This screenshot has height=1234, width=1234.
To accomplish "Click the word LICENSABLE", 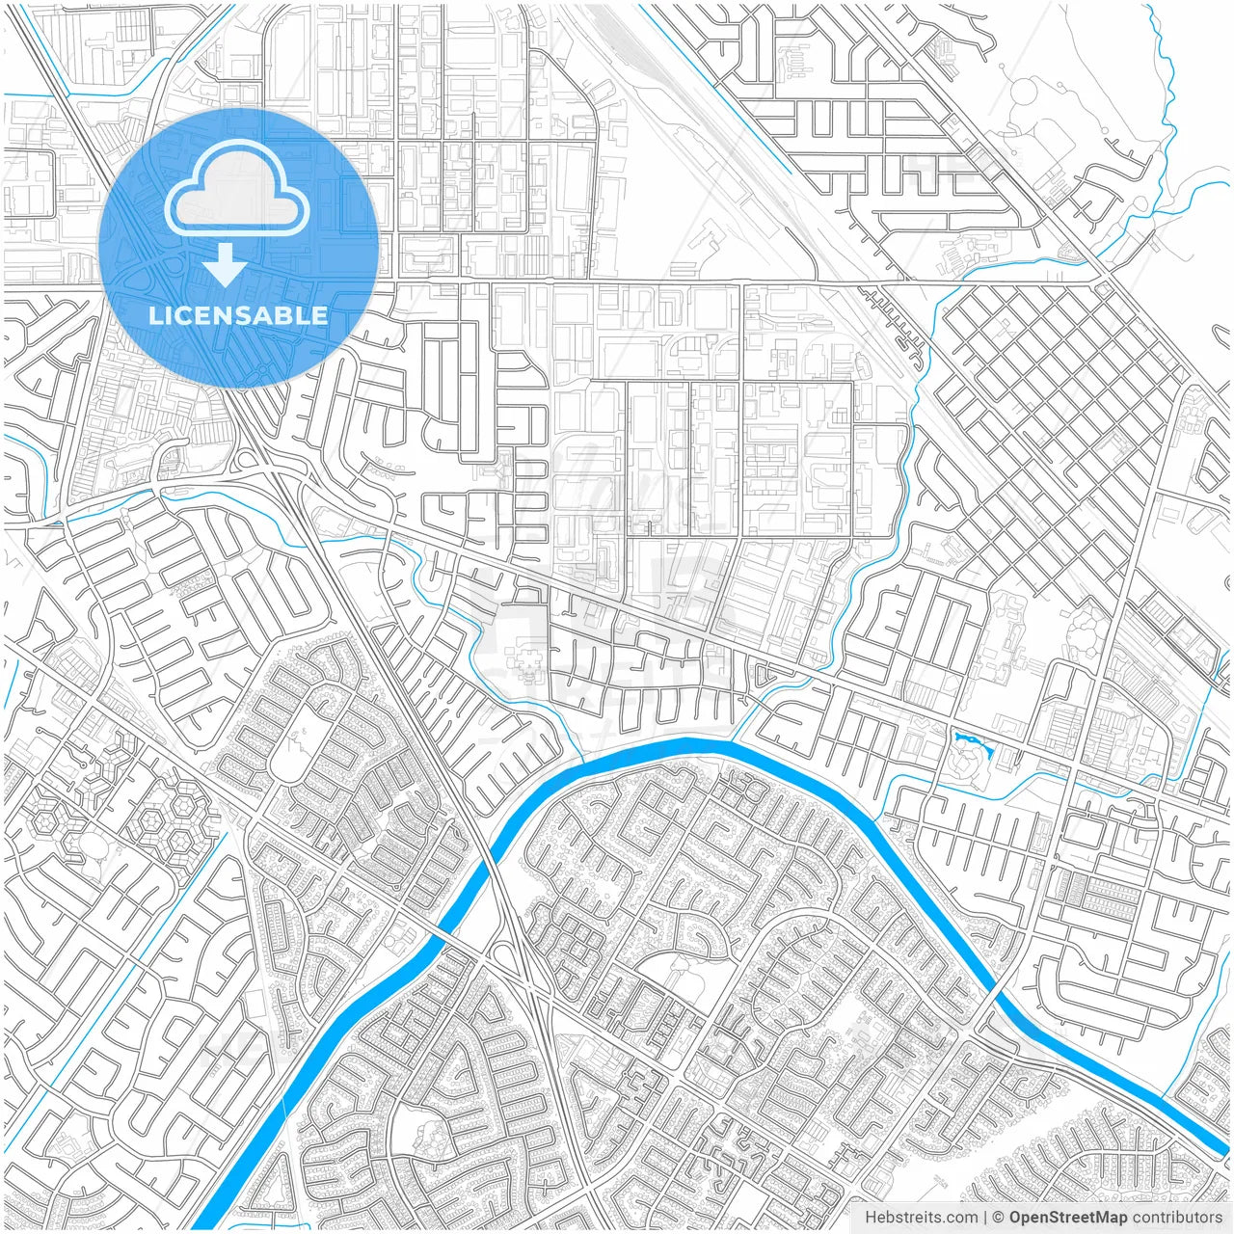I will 238,315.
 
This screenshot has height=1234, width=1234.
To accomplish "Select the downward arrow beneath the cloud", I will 226,264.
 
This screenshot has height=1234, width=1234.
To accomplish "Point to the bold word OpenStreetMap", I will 1067,1218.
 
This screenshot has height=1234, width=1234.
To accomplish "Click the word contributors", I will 1177,1218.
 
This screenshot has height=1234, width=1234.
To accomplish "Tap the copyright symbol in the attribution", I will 999,1218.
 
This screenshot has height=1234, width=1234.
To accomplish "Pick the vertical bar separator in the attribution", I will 985,1218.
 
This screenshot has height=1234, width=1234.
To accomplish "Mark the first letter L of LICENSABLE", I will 154,315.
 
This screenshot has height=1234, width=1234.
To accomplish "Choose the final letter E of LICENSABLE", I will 320,315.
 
